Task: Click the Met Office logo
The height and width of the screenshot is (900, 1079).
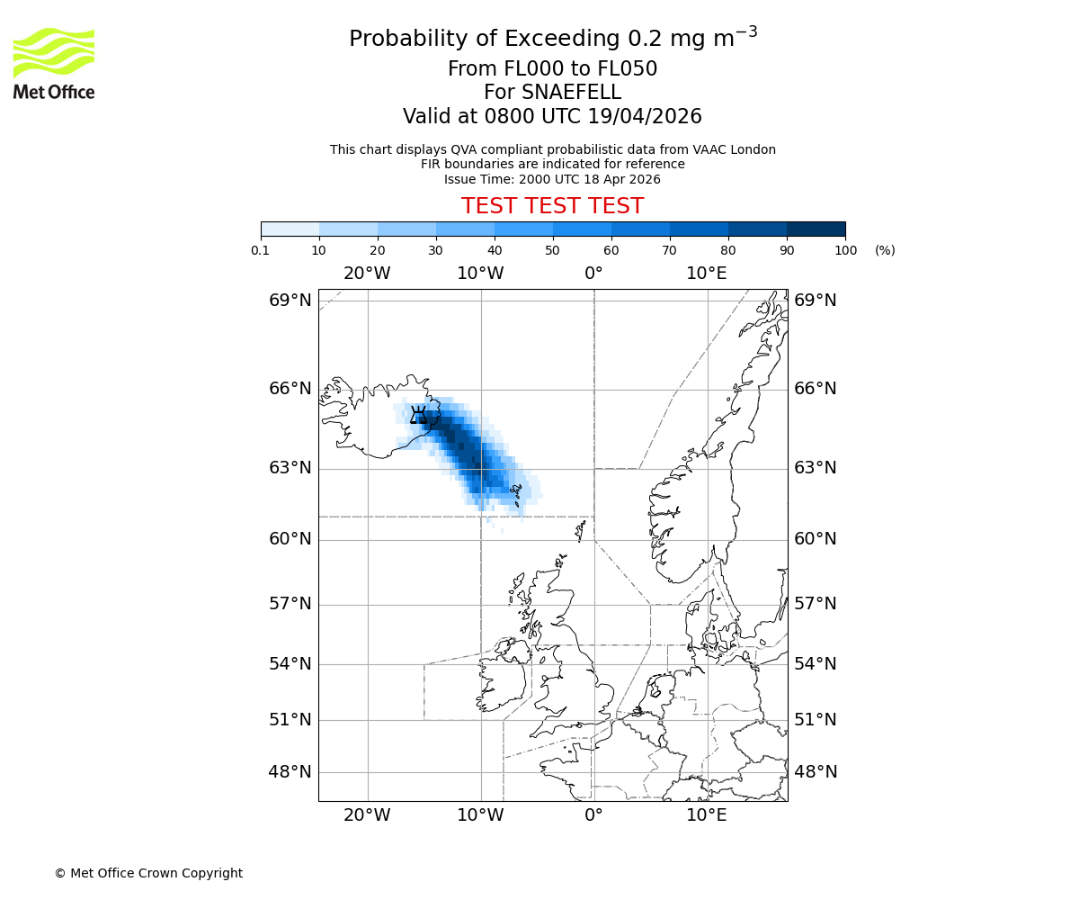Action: point(54,63)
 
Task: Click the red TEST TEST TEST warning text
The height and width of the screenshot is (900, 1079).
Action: point(552,206)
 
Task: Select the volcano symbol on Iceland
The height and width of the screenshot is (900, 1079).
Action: point(418,415)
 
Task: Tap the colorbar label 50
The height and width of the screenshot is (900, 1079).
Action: point(553,250)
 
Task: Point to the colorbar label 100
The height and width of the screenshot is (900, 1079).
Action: point(845,250)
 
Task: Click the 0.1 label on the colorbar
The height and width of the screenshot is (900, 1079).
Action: point(261,250)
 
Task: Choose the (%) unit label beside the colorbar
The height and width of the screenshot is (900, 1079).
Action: point(885,250)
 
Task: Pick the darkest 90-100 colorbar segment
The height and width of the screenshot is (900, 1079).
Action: point(816,229)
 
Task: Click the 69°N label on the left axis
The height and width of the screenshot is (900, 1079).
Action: point(290,301)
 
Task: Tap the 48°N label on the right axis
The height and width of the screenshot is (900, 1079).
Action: point(815,772)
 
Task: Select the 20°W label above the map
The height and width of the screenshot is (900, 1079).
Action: point(367,274)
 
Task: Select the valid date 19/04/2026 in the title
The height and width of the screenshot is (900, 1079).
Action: point(645,117)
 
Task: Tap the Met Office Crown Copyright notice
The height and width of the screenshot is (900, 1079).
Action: point(148,873)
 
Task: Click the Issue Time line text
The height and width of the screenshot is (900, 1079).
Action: point(552,179)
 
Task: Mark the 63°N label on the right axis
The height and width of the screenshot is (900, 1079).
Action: point(815,468)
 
